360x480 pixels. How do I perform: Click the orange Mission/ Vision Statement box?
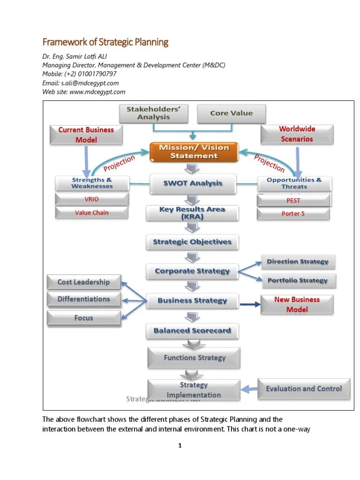(194, 151)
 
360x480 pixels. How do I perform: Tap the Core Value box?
(231, 113)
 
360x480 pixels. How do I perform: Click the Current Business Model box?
(86, 135)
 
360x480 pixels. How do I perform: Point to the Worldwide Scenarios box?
(297, 134)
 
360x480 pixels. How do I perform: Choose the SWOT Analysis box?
(194, 184)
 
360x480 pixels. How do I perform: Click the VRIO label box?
(91, 199)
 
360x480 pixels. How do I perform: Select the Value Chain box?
(91, 213)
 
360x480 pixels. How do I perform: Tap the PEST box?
(293, 200)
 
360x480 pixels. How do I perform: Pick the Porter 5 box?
(293, 214)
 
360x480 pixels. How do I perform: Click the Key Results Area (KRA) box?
(193, 213)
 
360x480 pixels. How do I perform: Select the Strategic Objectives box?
(192, 242)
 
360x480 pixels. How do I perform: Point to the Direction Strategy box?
(298, 262)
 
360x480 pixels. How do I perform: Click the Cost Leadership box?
(83, 282)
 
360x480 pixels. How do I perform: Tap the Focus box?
(83, 318)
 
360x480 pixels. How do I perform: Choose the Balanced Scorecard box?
(192, 330)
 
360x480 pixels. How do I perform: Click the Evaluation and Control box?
(304, 389)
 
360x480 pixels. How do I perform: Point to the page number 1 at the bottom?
(180, 446)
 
